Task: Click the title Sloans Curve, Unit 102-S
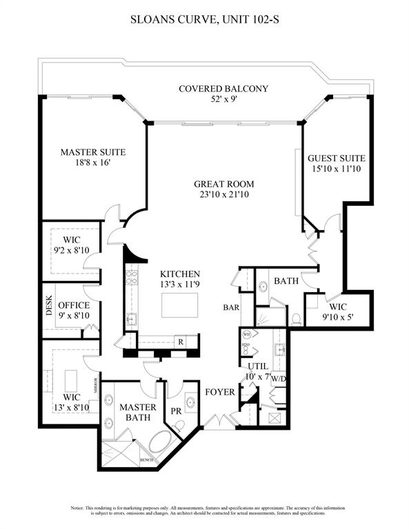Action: [x=204, y=21]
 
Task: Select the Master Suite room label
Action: [x=92, y=152]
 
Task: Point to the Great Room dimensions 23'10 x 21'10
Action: [x=223, y=195]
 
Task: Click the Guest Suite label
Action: [x=337, y=158]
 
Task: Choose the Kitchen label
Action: [x=180, y=273]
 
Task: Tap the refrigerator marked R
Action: [x=179, y=341]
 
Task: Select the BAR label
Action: [x=230, y=307]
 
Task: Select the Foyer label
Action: [x=220, y=393]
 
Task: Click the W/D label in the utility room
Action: [x=279, y=378]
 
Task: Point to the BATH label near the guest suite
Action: [x=285, y=281]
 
